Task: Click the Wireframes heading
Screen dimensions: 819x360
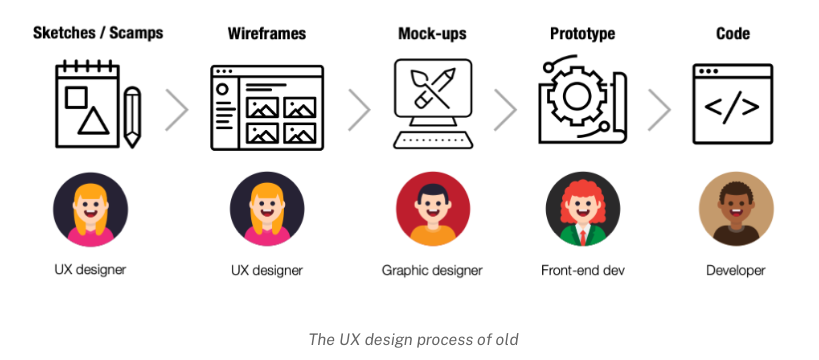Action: coord(267,33)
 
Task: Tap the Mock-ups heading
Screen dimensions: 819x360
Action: coord(432,34)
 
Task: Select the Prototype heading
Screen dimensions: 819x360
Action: coord(582,34)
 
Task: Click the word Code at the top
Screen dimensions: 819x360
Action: coord(733,33)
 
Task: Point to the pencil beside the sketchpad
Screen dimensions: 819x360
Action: coord(132,117)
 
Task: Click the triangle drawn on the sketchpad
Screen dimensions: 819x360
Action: coord(93,121)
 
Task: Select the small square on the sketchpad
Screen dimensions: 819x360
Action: coord(76,97)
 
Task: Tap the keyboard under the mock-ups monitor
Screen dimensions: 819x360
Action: coord(433,140)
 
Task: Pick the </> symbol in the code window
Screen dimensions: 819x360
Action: coord(732,107)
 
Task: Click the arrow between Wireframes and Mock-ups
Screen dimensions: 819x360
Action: coord(359,110)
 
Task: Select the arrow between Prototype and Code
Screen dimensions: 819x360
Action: coord(659,110)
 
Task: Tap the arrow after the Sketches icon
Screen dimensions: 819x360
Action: coord(177,110)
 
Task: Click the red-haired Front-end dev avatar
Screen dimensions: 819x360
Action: coord(583,209)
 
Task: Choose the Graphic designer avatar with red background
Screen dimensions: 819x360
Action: coord(433,209)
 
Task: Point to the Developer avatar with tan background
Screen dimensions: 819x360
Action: coord(736,209)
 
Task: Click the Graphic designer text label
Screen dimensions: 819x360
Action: coord(432,271)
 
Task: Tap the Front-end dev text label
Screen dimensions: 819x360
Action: coord(582,270)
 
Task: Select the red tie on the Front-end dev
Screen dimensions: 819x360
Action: coord(583,237)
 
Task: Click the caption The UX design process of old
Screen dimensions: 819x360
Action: coord(413,340)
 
